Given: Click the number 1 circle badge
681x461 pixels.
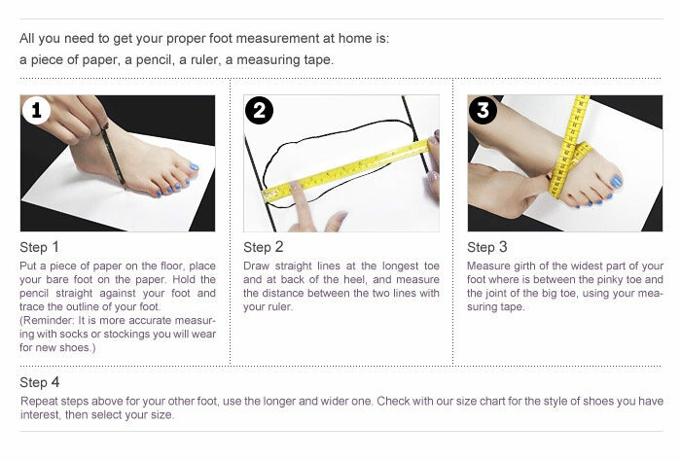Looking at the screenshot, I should click(37, 111).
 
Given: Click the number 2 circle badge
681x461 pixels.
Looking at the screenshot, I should click(259, 111).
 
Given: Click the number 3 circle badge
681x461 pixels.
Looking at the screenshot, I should click(483, 111).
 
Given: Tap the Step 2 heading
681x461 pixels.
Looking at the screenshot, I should click(264, 247).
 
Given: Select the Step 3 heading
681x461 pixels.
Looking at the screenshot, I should click(487, 247).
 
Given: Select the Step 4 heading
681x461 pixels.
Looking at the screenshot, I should click(40, 382).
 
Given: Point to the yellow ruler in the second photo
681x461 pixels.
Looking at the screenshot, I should click(350, 170).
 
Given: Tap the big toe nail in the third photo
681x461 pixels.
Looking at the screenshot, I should click(615, 182).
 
